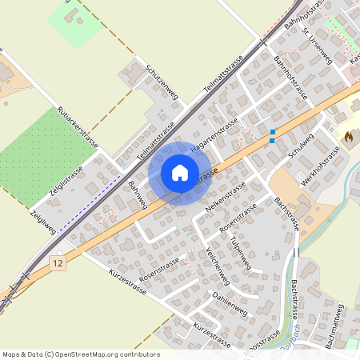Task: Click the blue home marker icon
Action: point(180,173)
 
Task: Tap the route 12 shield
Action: point(56,262)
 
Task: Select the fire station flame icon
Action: point(348,137)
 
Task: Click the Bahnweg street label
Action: point(138,195)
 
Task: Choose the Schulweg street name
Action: point(301,147)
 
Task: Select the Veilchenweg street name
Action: point(218,265)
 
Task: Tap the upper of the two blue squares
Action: point(273,132)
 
